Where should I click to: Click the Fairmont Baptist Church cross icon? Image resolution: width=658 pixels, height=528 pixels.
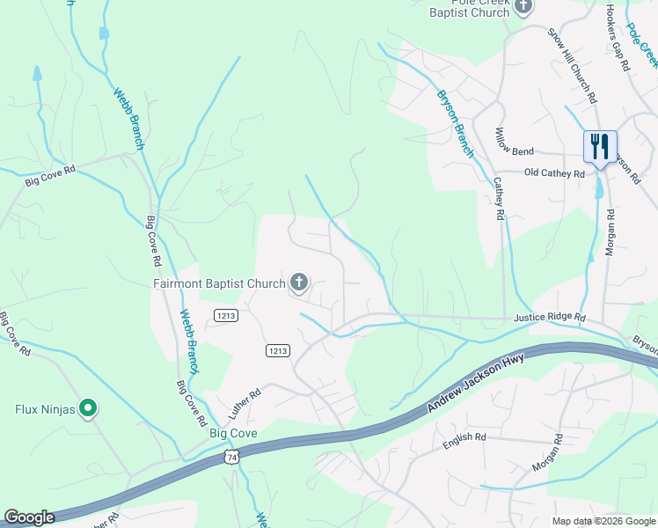[x=299, y=283]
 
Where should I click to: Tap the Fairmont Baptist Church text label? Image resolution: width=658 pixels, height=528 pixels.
[x=219, y=283]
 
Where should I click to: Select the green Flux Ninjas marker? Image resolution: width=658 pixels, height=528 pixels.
[x=87, y=407]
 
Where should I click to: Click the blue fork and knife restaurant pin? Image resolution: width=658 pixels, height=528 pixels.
[x=600, y=147]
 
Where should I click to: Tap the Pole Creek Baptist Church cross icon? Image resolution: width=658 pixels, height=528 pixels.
[x=524, y=8]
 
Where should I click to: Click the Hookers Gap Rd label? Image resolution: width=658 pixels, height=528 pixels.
[x=618, y=39]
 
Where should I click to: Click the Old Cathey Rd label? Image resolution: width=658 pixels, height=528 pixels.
[x=554, y=174]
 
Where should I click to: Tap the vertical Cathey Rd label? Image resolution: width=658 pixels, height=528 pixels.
[x=498, y=199]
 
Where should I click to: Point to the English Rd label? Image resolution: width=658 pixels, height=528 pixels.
[x=464, y=436]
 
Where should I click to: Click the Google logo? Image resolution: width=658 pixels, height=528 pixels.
[x=29, y=517]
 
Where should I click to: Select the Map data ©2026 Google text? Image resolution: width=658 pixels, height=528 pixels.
[x=602, y=521]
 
